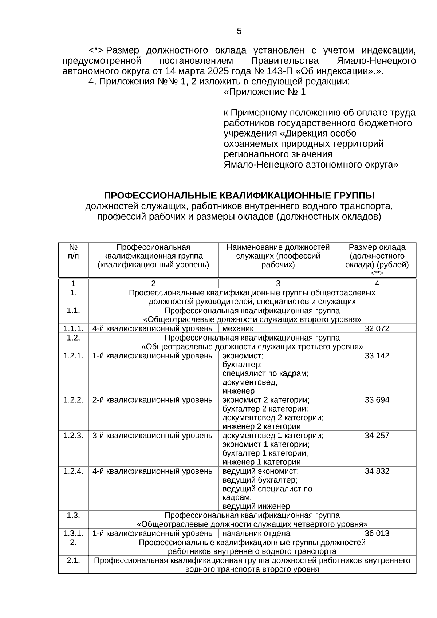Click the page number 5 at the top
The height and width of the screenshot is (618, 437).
239,31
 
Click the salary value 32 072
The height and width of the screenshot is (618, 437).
377,329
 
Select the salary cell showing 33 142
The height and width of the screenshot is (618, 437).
377,356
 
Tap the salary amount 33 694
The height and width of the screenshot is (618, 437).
377,400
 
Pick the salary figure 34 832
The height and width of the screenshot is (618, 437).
377,471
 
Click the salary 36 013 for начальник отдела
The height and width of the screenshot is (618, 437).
377,534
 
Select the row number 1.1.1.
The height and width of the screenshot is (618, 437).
73,329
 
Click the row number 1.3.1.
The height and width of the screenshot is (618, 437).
73,534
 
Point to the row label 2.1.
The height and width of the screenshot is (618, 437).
73,560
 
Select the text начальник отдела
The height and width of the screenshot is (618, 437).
256,534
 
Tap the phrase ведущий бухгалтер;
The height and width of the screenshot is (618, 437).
260,480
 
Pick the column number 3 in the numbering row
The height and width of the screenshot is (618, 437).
278,284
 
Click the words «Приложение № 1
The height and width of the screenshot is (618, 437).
265,92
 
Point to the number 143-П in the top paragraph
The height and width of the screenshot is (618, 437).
279,71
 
